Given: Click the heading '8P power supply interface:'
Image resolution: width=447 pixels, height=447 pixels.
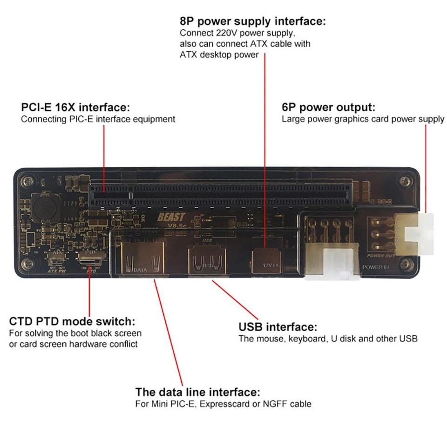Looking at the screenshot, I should pos(253,21).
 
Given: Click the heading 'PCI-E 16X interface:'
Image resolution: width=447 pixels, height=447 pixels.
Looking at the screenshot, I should pos(74,108).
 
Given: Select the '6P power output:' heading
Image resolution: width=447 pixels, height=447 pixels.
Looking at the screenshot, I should pos(328,108).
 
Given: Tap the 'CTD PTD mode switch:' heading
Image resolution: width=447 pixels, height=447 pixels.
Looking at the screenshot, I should pos(72,321).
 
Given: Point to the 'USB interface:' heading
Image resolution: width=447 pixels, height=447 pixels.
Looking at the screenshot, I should pos(278,327).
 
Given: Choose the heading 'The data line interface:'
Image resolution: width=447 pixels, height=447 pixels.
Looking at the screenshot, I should pos(197,392).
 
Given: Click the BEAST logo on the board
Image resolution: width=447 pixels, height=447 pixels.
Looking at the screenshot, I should pos(171,217).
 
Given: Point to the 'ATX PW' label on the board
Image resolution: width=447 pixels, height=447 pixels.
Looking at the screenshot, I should pos(58,271).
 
